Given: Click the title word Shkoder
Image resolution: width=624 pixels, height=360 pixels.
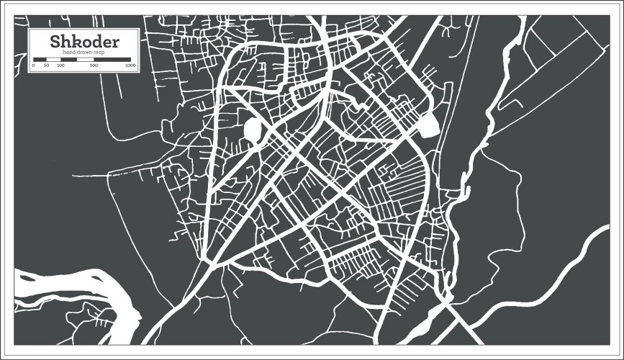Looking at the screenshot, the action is click(84, 42).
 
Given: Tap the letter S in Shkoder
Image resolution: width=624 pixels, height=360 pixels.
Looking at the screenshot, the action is click(55, 42).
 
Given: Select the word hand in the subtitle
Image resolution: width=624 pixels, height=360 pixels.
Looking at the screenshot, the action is click(71, 52).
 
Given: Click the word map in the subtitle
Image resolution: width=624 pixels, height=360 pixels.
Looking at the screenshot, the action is click(100, 52).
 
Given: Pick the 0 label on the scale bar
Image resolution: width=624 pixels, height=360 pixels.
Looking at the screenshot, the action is click(33, 66).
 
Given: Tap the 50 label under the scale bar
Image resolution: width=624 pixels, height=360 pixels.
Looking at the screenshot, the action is click(46, 66).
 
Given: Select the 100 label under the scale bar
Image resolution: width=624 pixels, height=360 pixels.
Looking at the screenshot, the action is click(60, 66).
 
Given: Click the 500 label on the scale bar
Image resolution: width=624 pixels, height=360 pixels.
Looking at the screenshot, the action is click(94, 66).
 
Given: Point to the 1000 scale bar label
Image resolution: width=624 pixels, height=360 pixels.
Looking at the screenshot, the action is click(130, 66).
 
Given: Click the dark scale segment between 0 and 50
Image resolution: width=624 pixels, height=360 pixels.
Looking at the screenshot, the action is click(40, 59).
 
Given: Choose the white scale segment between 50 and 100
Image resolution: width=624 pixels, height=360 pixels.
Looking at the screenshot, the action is click(53, 59).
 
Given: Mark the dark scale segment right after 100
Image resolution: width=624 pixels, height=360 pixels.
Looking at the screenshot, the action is click(69, 59).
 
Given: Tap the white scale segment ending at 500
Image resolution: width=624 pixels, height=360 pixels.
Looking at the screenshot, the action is click(85, 59).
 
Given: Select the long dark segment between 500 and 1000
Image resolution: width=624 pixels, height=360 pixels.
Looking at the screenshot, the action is click(112, 59).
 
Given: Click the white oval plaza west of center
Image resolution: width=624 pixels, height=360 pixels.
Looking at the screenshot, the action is click(253, 130).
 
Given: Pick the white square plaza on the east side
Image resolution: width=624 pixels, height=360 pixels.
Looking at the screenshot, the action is click(428, 127).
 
